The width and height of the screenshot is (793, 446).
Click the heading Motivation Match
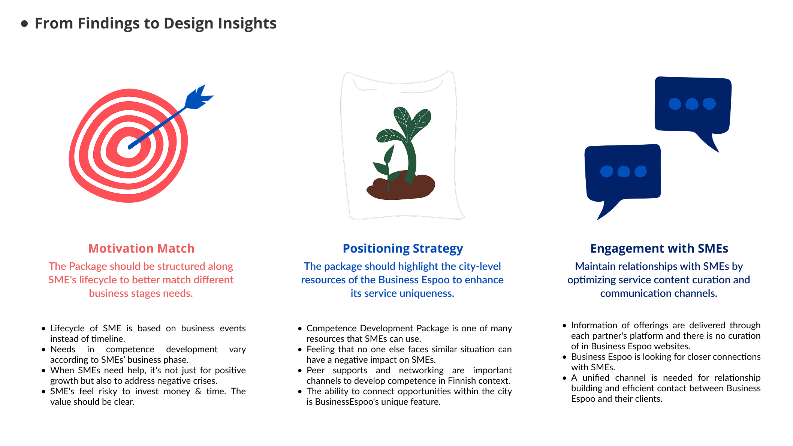coord(141,248)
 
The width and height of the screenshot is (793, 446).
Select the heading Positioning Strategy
coord(403,249)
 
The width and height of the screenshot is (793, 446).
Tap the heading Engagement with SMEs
coord(659,249)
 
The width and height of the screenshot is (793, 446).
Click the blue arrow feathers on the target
coord(198,97)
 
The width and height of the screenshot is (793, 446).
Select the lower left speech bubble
coord(622,176)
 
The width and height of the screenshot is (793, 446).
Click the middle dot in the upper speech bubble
coord(692,104)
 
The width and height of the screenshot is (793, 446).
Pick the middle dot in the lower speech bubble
coord(624,172)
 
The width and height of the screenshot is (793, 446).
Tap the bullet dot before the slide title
coord(25,24)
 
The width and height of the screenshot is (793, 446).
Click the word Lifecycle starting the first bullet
coord(67,329)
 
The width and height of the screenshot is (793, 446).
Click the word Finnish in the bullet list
coord(462,381)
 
